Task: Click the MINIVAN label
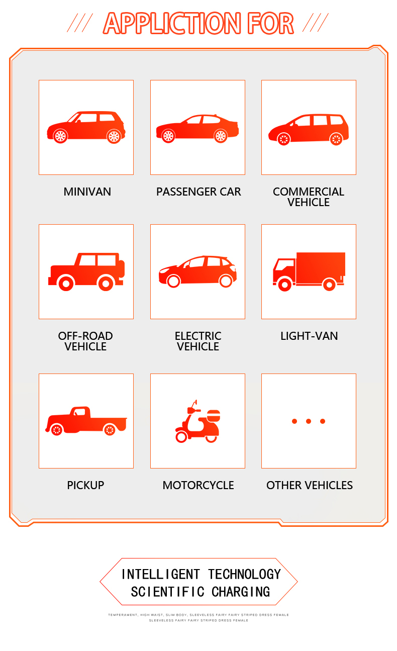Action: [x=87, y=192]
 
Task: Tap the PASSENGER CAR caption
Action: [x=198, y=192]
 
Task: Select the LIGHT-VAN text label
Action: [x=309, y=336]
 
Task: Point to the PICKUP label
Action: [x=85, y=485]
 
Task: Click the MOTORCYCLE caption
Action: [x=198, y=485]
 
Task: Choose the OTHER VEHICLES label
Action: [x=310, y=485]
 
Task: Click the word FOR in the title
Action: [x=270, y=23]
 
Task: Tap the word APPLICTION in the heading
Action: [x=172, y=23]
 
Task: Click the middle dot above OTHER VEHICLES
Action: [x=309, y=421]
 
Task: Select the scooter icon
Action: [x=197, y=421]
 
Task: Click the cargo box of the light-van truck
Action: [x=321, y=268]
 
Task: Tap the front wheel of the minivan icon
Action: [x=60, y=136]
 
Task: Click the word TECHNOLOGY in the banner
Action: [x=245, y=574]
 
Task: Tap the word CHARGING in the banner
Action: [x=241, y=592]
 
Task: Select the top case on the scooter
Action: [x=213, y=416]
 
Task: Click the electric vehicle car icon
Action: [x=197, y=271]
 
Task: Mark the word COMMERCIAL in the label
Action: [x=309, y=192]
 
